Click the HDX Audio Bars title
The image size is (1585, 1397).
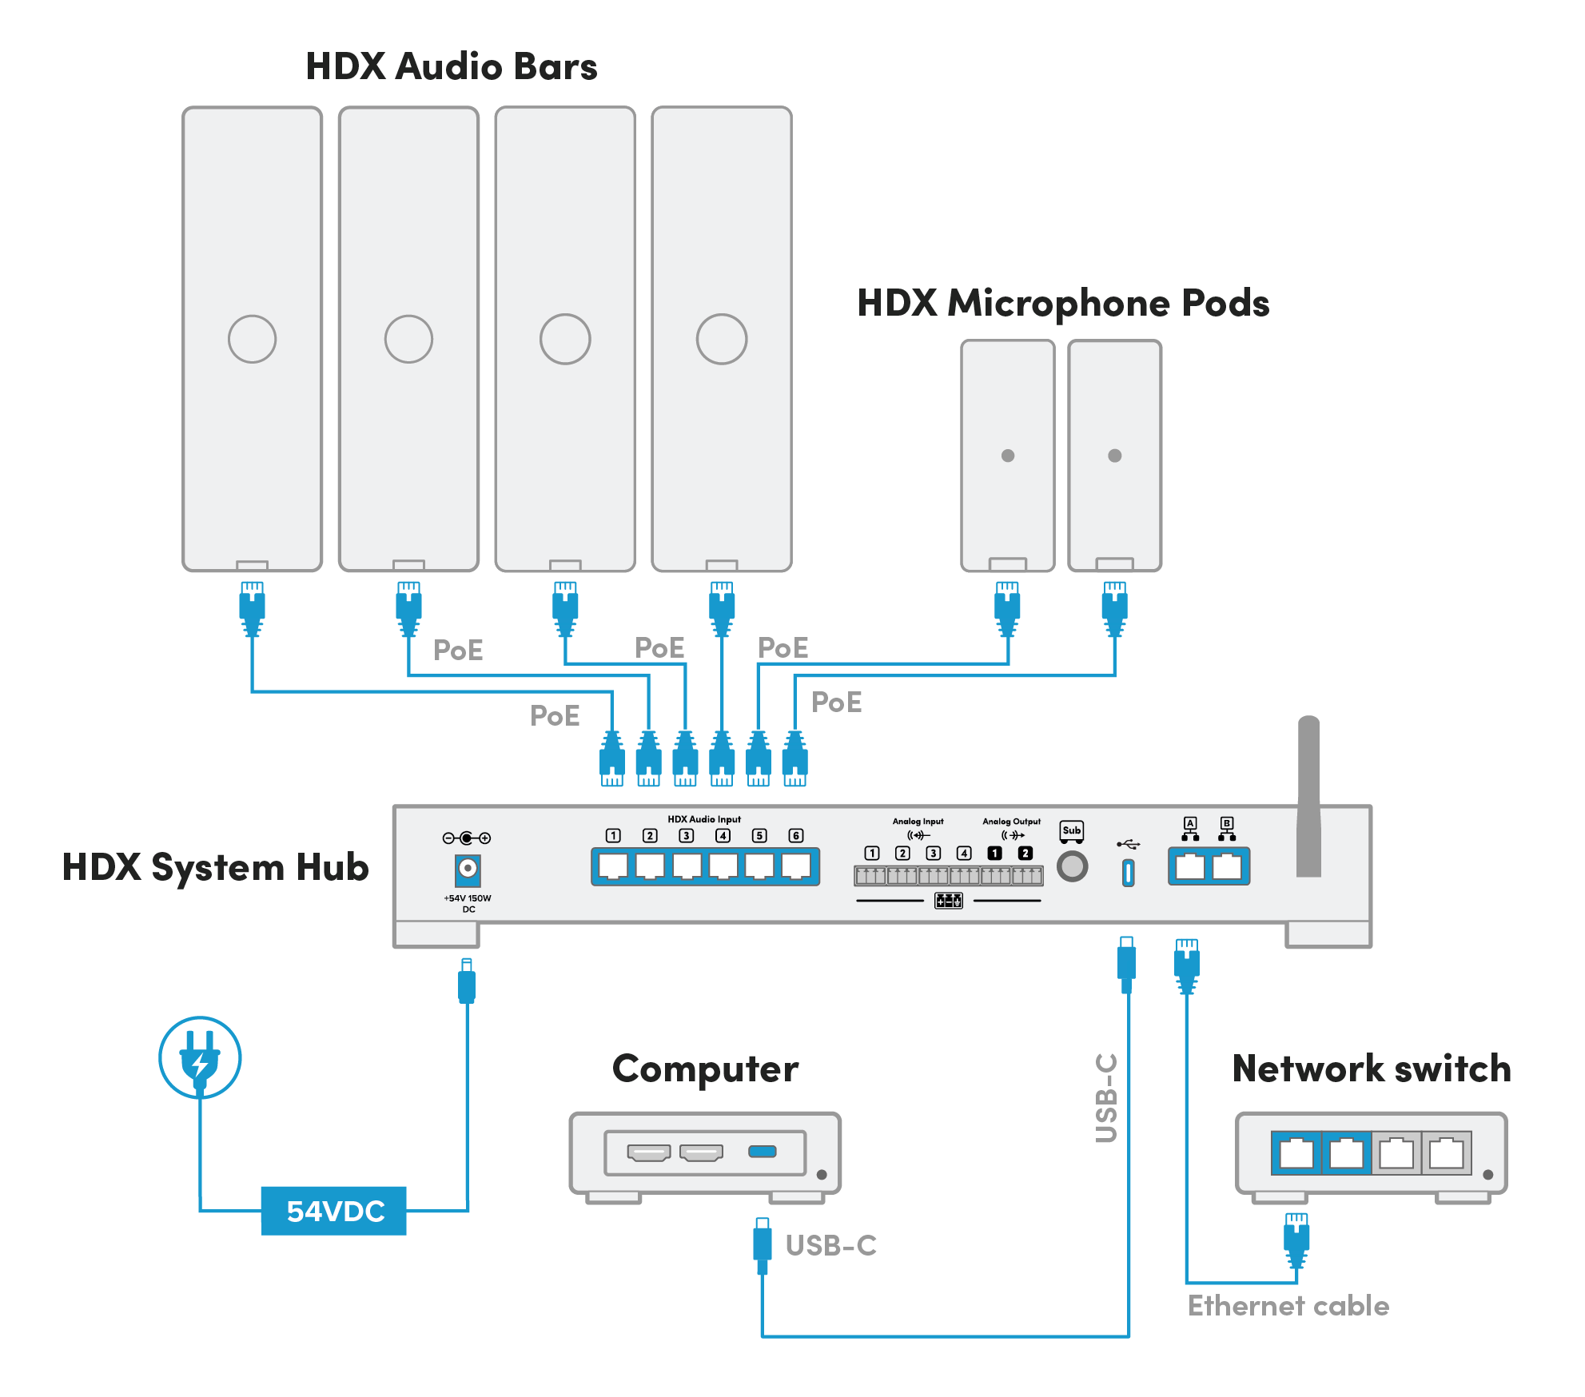point(452,66)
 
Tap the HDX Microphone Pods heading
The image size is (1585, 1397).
point(1063,304)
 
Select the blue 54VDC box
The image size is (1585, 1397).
point(334,1211)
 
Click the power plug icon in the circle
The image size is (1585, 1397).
point(200,1057)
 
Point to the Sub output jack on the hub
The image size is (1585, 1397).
point(1072,866)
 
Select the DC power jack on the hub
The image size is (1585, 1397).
point(468,869)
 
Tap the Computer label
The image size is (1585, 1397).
point(705,1069)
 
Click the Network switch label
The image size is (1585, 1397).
point(1372,1069)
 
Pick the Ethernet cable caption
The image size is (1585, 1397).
point(1288,1306)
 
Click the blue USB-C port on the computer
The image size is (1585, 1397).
point(762,1152)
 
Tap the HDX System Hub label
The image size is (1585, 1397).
point(216,868)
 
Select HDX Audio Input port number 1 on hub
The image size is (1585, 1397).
point(613,866)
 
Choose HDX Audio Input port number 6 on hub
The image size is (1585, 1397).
point(796,866)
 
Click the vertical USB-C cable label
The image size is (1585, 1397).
point(1106,1098)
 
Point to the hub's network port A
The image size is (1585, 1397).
point(1190,866)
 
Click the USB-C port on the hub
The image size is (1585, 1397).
point(1128,872)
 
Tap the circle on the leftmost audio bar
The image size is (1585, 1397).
point(253,339)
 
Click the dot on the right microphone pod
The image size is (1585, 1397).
point(1115,456)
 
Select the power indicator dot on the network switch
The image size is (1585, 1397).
point(1487,1175)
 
